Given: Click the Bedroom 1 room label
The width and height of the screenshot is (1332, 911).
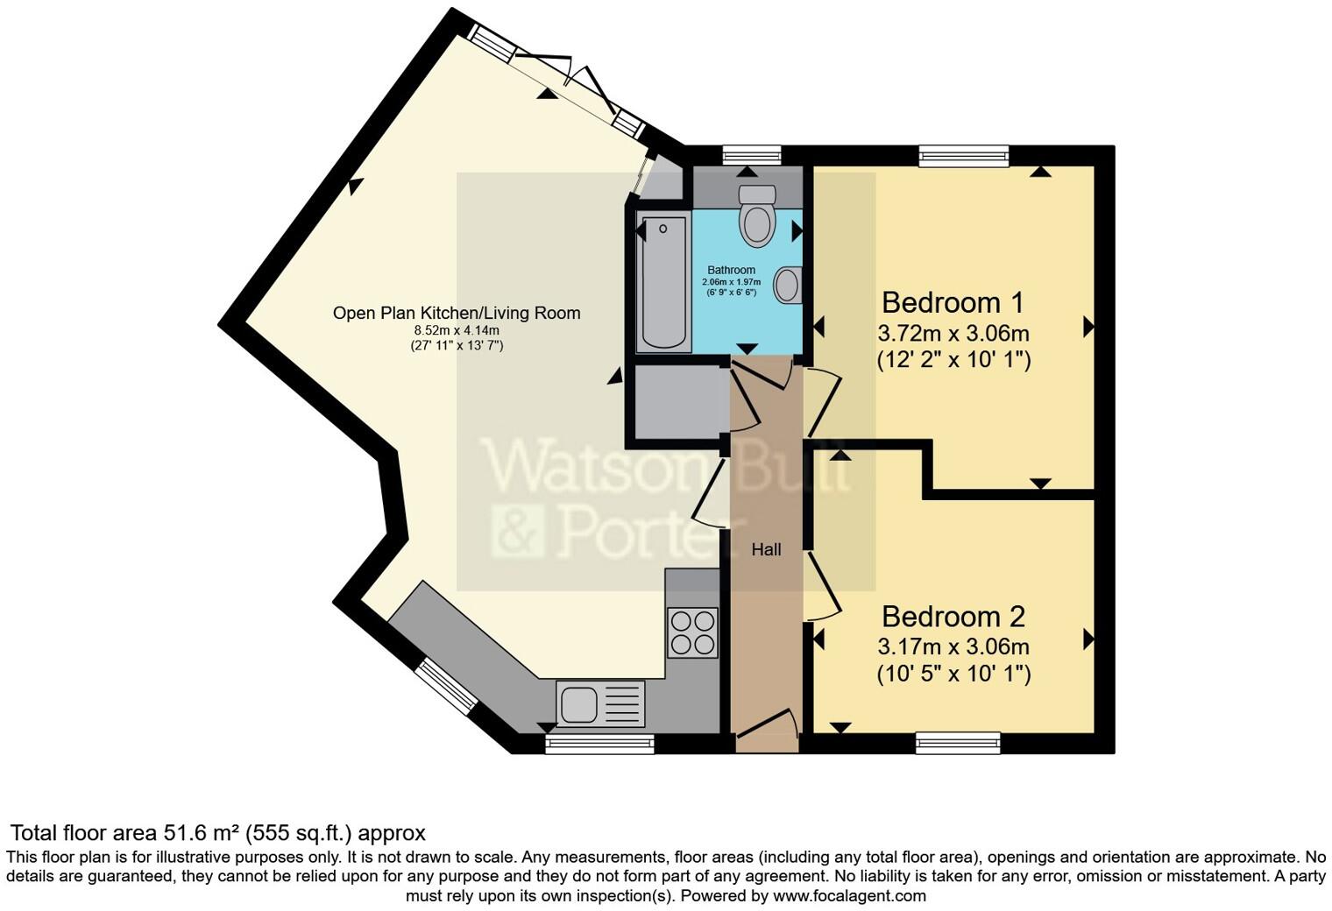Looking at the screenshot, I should tap(953, 303).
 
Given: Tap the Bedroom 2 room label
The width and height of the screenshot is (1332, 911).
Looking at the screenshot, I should tap(953, 617).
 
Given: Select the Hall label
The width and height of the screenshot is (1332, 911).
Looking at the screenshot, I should tap(766, 550).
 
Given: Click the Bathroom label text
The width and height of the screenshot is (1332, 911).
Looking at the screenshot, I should tap(731, 270).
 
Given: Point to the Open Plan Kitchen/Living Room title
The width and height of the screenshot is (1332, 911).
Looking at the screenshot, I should tap(457, 313).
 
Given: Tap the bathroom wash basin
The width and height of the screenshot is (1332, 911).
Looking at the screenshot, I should tap(789, 286).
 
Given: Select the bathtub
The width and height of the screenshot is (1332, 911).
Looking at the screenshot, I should tap(662, 282).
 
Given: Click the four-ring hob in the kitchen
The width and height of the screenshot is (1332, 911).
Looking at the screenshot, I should tap(692, 632).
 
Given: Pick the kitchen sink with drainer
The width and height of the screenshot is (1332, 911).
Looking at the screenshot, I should tap(600, 704).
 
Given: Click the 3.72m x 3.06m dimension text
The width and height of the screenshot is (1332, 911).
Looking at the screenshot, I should tap(953, 334).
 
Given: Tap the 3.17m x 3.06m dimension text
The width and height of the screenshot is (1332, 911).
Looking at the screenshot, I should tap(953, 647).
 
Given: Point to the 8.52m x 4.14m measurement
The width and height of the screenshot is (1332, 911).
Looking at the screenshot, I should tap(457, 330).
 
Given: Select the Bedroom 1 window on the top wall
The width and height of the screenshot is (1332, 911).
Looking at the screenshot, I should tap(963, 156).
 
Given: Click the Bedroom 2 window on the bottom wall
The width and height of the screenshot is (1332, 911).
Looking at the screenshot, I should tap(958, 743).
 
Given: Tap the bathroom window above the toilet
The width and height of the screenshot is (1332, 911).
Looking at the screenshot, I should tap(752, 155).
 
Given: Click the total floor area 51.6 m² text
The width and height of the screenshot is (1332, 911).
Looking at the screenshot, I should tap(217, 832).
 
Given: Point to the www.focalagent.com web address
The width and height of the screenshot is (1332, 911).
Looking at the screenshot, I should tap(849, 896).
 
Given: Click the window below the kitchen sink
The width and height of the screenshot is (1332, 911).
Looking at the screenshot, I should tap(599, 744).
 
